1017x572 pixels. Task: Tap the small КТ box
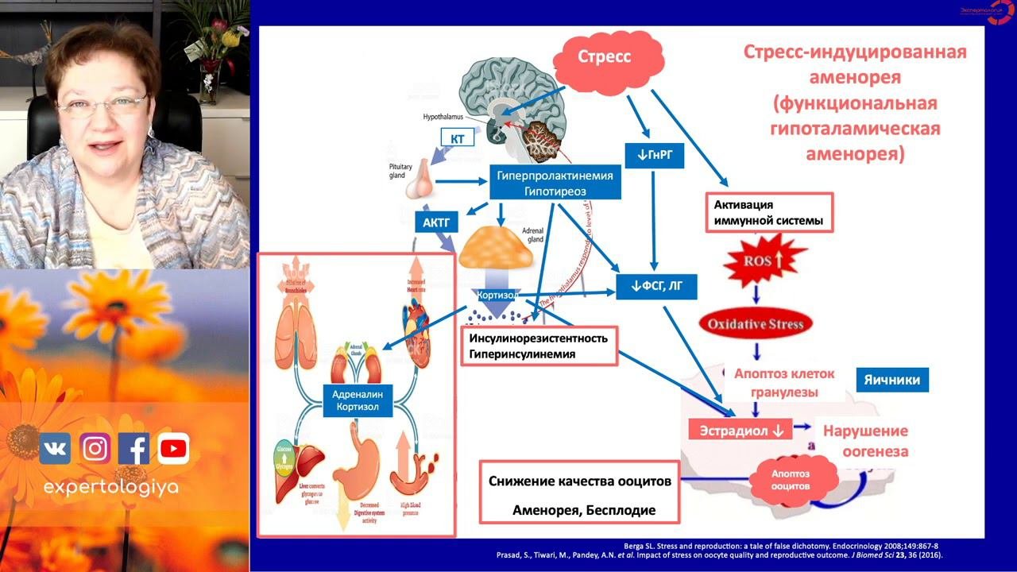point(457,138)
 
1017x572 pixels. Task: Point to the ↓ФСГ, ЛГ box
point(657,286)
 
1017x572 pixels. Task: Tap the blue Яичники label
point(891,380)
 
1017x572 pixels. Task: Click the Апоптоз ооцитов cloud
point(790,478)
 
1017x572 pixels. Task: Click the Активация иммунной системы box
point(769,212)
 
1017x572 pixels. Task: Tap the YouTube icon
point(173,450)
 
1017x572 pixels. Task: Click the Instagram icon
point(95,450)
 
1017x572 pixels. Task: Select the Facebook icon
point(134,450)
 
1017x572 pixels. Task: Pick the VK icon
point(55,450)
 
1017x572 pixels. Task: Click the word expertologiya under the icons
point(110,487)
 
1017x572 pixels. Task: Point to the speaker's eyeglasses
point(102,105)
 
